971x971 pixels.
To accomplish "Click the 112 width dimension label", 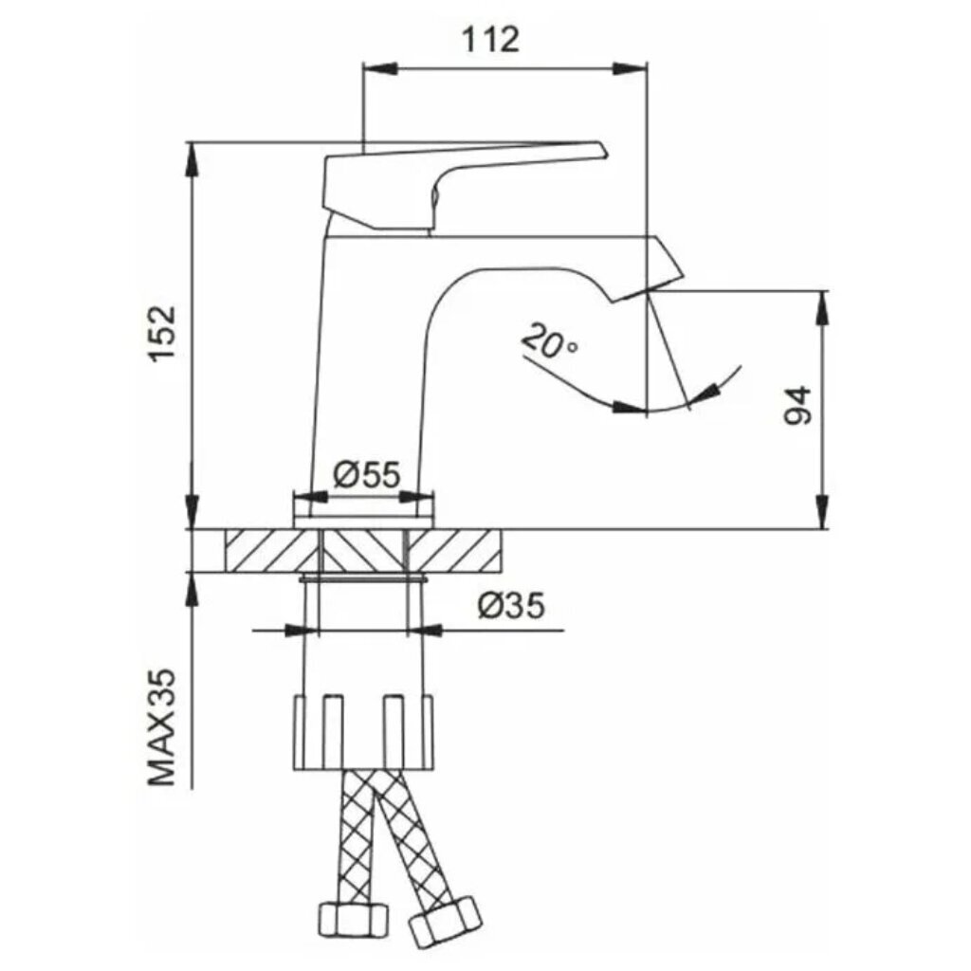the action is pyautogui.click(x=490, y=40).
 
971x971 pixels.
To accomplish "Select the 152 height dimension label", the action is pyautogui.click(x=162, y=333).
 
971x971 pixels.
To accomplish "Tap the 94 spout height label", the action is pyautogui.click(x=797, y=406).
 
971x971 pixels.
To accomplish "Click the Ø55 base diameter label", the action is pyautogui.click(x=367, y=475).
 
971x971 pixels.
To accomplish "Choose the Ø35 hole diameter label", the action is pyautogui.click(x=511, y=605).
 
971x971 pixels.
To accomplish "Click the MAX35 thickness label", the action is pyautogui.click(x=162, y=727).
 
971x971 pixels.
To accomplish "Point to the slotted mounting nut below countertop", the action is pyautogui.click(x=363, y=733).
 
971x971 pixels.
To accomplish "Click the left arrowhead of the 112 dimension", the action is pyautogui.click(x=379, y=68).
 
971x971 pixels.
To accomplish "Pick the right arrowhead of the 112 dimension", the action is pyautogui.click(x=631, y=68).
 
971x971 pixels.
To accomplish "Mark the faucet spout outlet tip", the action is pyautogui.click(x=648, y=290).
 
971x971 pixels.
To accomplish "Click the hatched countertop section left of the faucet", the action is pyautogui.click(x=272, y=551).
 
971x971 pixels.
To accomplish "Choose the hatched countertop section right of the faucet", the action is pyautogui.click(x=453, y=551).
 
